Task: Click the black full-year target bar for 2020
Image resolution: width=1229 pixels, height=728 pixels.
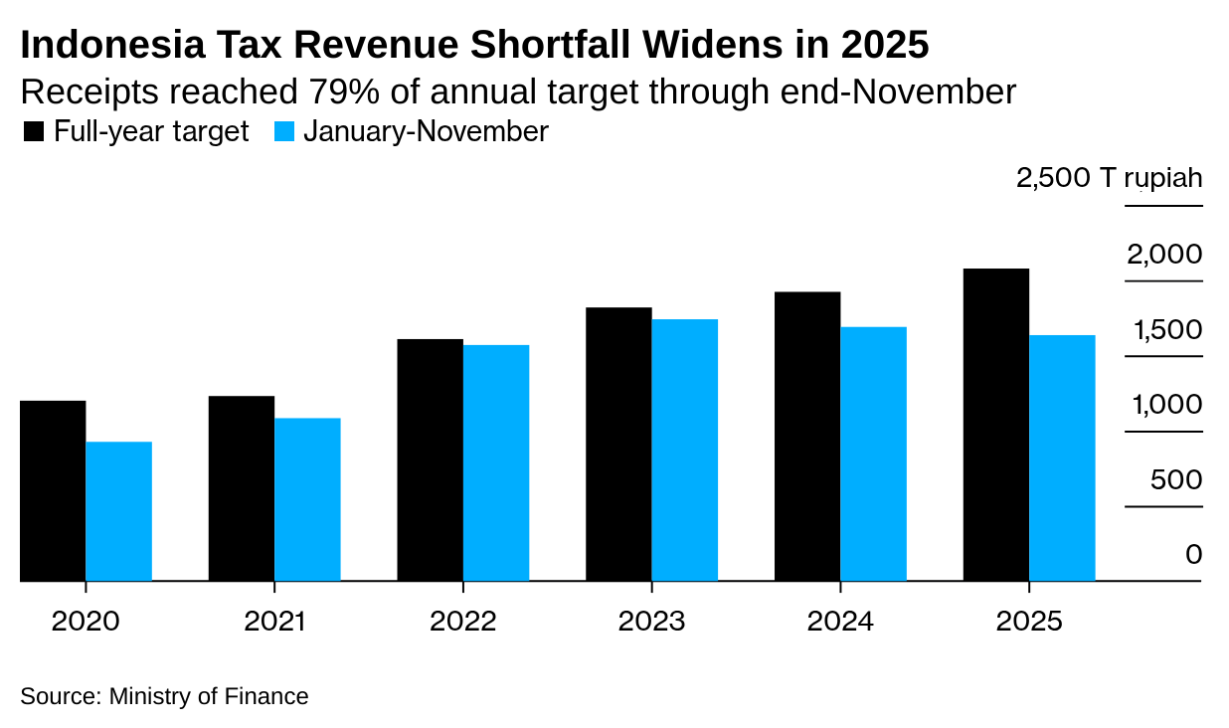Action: pyautogui.click(x=53, y=490)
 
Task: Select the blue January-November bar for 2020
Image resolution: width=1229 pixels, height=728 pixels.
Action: pyautogui.click(x=118, y=511)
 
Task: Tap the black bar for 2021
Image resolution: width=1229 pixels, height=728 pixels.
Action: pyautogui.click(x=242, y=488)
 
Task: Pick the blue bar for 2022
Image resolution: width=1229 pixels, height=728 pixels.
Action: pyautogui.click(x=496, y=462)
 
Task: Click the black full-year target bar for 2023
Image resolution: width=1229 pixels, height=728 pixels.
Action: pyautogui.click(x=618, y=444)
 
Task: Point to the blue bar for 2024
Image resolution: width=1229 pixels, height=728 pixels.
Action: pyautogui.click(x=873, y=454)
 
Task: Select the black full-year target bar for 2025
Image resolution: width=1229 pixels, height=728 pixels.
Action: pyautogui.click(x=996, y=425)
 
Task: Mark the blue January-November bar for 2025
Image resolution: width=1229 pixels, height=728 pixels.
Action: pyautogui.click(x=1062, y=457)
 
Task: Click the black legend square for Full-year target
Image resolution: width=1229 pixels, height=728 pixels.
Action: pyautogui.click(x=34, y=132)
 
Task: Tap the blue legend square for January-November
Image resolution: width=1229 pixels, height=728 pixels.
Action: pyautogui.click(x=284, y=132)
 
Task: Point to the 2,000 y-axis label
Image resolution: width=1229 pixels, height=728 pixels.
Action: pyautogui.click(x=1163, y=255)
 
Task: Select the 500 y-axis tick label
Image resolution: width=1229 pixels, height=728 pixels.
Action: pyautogui.click(x=1175, y=480)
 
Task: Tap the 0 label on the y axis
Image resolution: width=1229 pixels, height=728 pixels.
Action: pyautogui.click(x=1193, y=555)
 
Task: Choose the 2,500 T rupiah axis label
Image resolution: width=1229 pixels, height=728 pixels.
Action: pyautogui.click(x=1109, y=179)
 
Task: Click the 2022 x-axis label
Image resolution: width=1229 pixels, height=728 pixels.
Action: pyautogui.click(x=463, y=623)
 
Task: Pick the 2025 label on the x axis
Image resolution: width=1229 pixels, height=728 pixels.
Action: pyautogui.click(x=1029, y=623)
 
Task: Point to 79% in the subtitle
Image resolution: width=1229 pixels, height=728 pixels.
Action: pyautogui.click(x=331, y=91)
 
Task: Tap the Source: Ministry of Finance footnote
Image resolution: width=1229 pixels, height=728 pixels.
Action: pyautogui.click(x=164, y=696)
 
